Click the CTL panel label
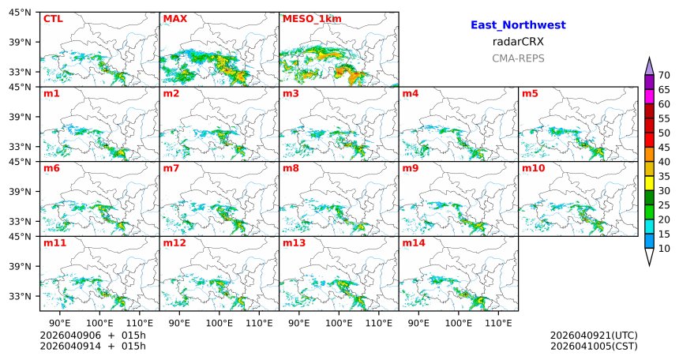pos(53,18)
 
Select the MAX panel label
pos(174,18)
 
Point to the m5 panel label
pos(530,94)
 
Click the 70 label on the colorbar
pos(664,75)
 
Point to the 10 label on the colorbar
pos(664,249)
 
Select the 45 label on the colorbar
pos(664,148)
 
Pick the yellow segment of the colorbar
pos(650,183)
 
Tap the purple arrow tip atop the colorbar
pos(650,65)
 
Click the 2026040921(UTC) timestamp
pos(594,336)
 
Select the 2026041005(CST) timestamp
pos(594,346)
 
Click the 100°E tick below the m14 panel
pos(459,324)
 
